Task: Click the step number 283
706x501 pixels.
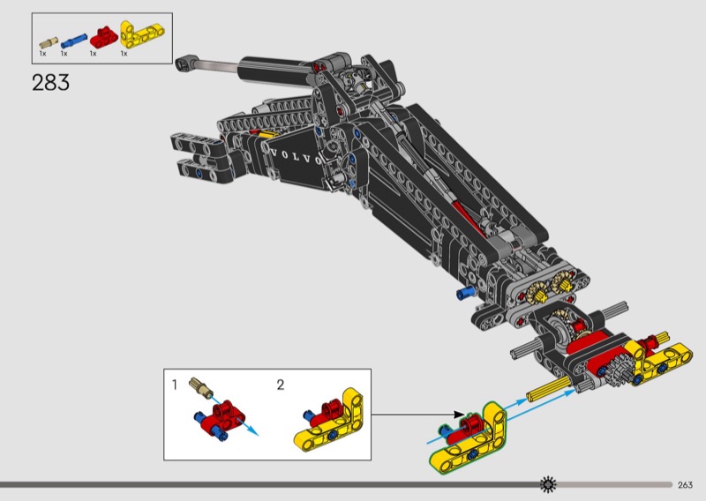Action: point(50,83)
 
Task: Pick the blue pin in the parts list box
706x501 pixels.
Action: point(74,39)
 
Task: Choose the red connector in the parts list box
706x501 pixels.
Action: point(103,36)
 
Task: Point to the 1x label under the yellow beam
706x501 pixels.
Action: point(124,54)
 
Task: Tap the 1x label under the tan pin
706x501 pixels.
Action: point(41,54)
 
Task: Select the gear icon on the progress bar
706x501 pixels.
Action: point(549,483)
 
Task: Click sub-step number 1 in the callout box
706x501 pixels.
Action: point(175,385)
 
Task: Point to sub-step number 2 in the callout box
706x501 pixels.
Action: point(281,385)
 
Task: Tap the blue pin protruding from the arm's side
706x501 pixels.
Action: point(463,292)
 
